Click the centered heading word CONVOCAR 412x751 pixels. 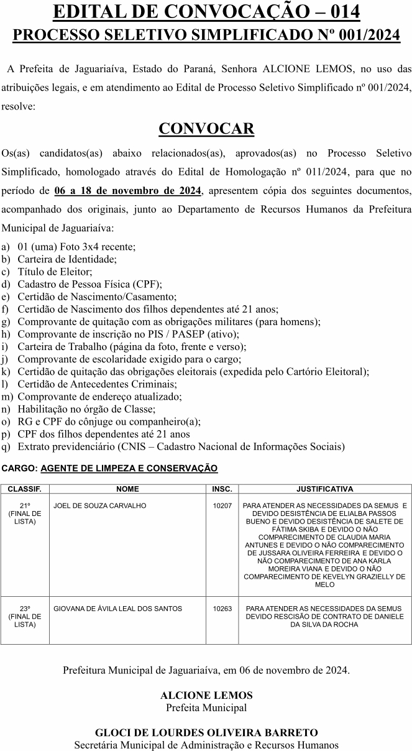pyautogui.click(x=206, y=129)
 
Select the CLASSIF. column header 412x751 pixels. pyautogui.click(x=25, y=489)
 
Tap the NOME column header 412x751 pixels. pyautogui.click(x=127, y=489)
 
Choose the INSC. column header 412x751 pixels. pyautogui.click(x=222, y=489)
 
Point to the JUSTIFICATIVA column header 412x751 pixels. pyautogui.click(x=324, y=489)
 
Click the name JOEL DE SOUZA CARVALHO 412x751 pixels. pyautogui.click(x=100, y=506)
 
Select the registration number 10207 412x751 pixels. pyautogui.click(x=222, y=506)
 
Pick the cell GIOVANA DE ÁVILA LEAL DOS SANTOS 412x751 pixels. pyautogui.click(x=118, y=609)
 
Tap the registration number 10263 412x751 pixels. pyautogui.click(x=222, y=609)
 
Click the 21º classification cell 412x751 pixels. pyautogui.click(x=25, y=514)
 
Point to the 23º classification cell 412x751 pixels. pyautogui.click(x=25, y=616)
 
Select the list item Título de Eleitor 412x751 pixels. pyautogui.click(x=55, y=271)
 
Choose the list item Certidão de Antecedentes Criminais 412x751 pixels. pyautogui.click(x=97, y=384)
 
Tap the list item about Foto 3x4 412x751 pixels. pyautogui.click(x=76, y=246)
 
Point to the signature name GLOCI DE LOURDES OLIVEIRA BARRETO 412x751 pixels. pyautogui.click(x=206, y=732)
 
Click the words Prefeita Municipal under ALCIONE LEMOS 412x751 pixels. pyautogui.click(x=206, y=707)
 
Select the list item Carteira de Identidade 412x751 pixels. pyautogui.click(x=67, y=259)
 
